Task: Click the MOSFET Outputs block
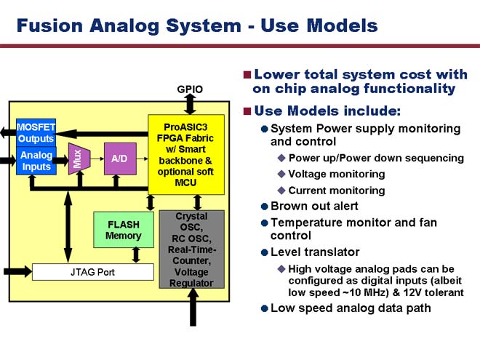coord(36,133)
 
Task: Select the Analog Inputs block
coord(36,161)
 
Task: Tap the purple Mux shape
coord(79,159)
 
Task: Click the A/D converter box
coord(120,159)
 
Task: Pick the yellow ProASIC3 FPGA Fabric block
coord(185,155)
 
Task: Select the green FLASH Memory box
coord(124,230)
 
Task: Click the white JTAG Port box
coord(93,272)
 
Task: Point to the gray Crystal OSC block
coord(191,249)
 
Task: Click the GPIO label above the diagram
coord(190,89)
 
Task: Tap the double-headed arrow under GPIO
coord(190,104)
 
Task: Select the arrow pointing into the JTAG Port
coord(17,271)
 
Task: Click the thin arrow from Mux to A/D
coord(97,159)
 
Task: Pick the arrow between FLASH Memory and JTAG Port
coord(136,255)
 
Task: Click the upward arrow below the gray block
coord(193,307)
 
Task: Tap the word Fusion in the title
coord(49,25)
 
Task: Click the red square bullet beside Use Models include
coord(247,111)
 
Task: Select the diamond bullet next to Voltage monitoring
coord(281,175)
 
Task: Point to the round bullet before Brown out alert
coord(265,207)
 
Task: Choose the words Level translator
coord(315,252)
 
